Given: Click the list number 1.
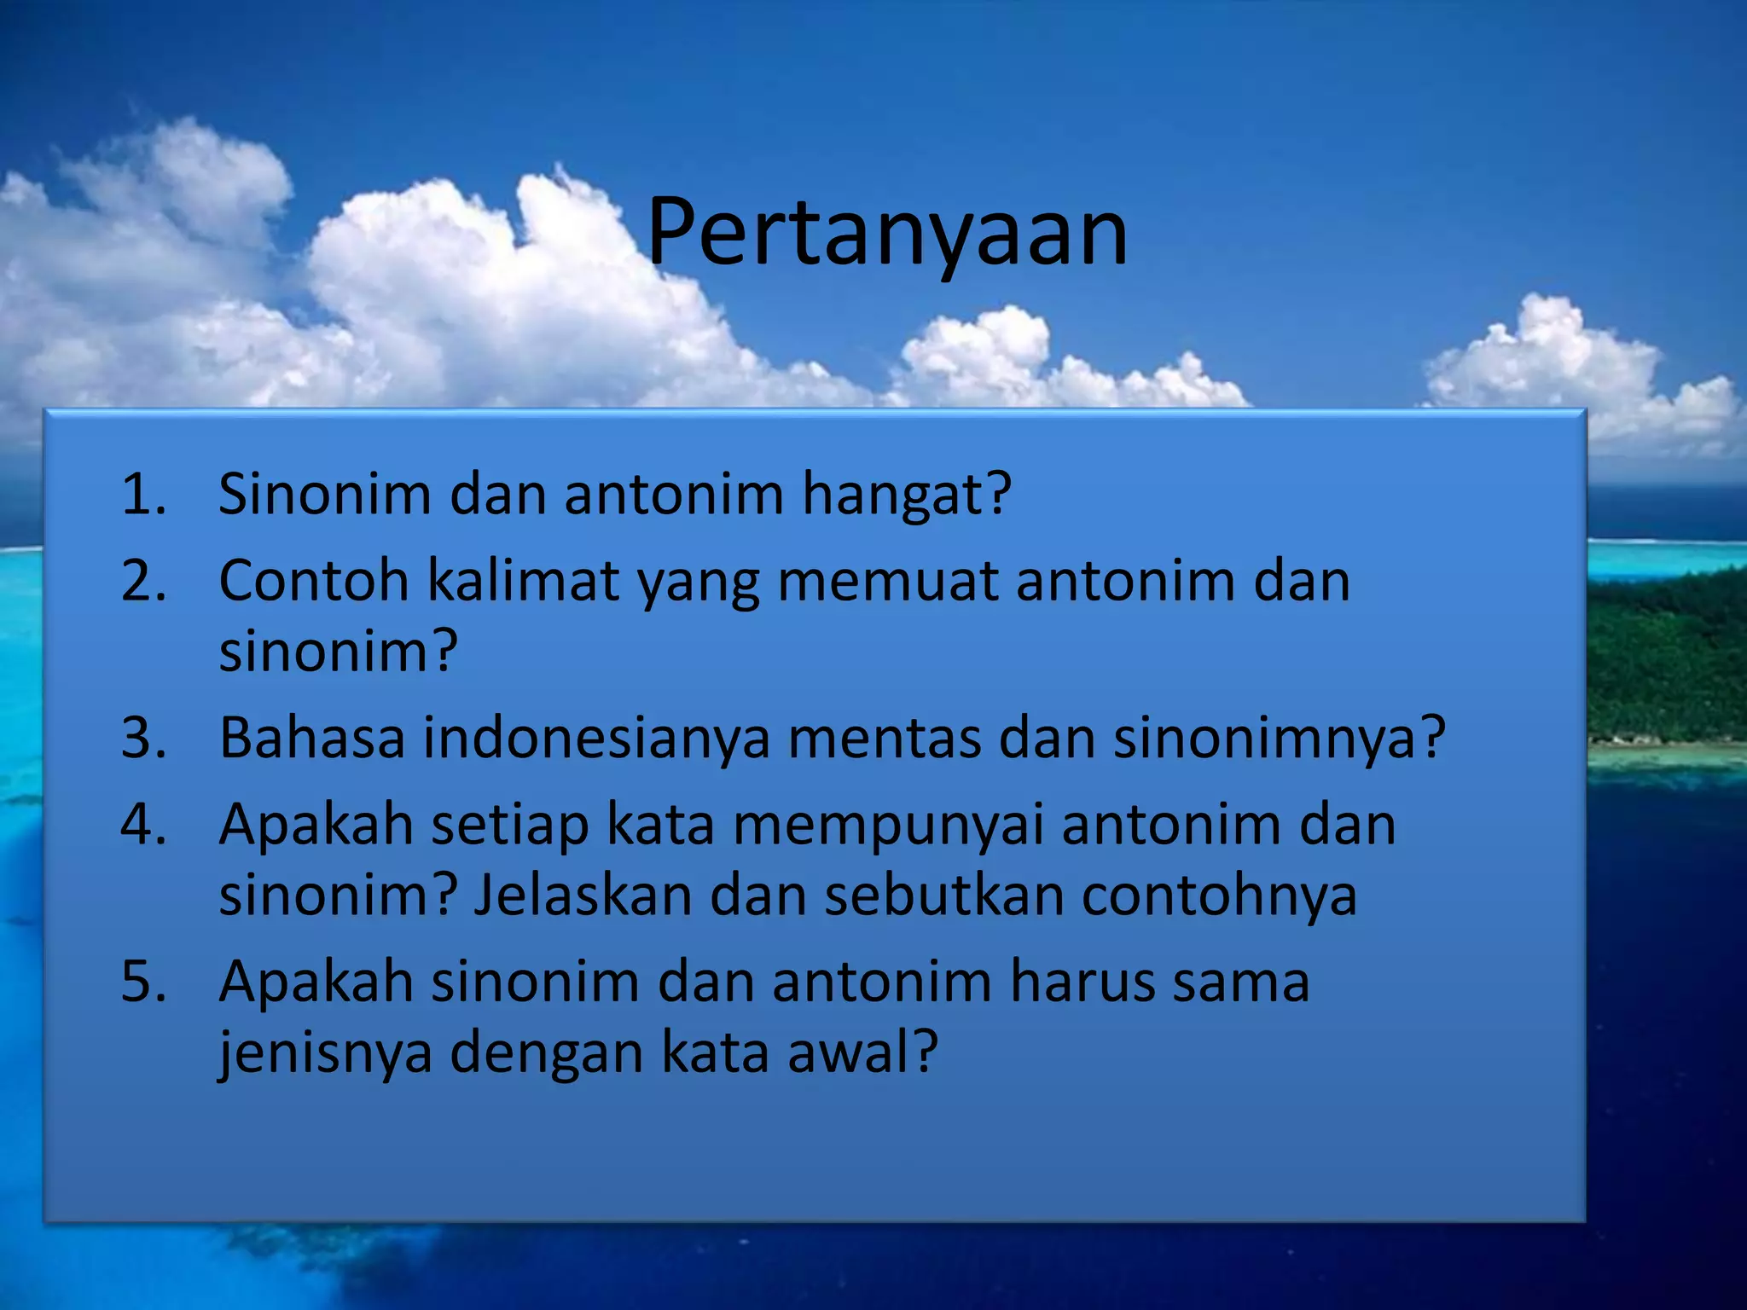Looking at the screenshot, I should (142, 495).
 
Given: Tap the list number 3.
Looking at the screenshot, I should (142, 738).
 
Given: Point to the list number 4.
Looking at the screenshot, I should (142, 826).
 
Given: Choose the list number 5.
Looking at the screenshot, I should (142, 982).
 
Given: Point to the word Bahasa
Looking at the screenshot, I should (311, 738).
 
